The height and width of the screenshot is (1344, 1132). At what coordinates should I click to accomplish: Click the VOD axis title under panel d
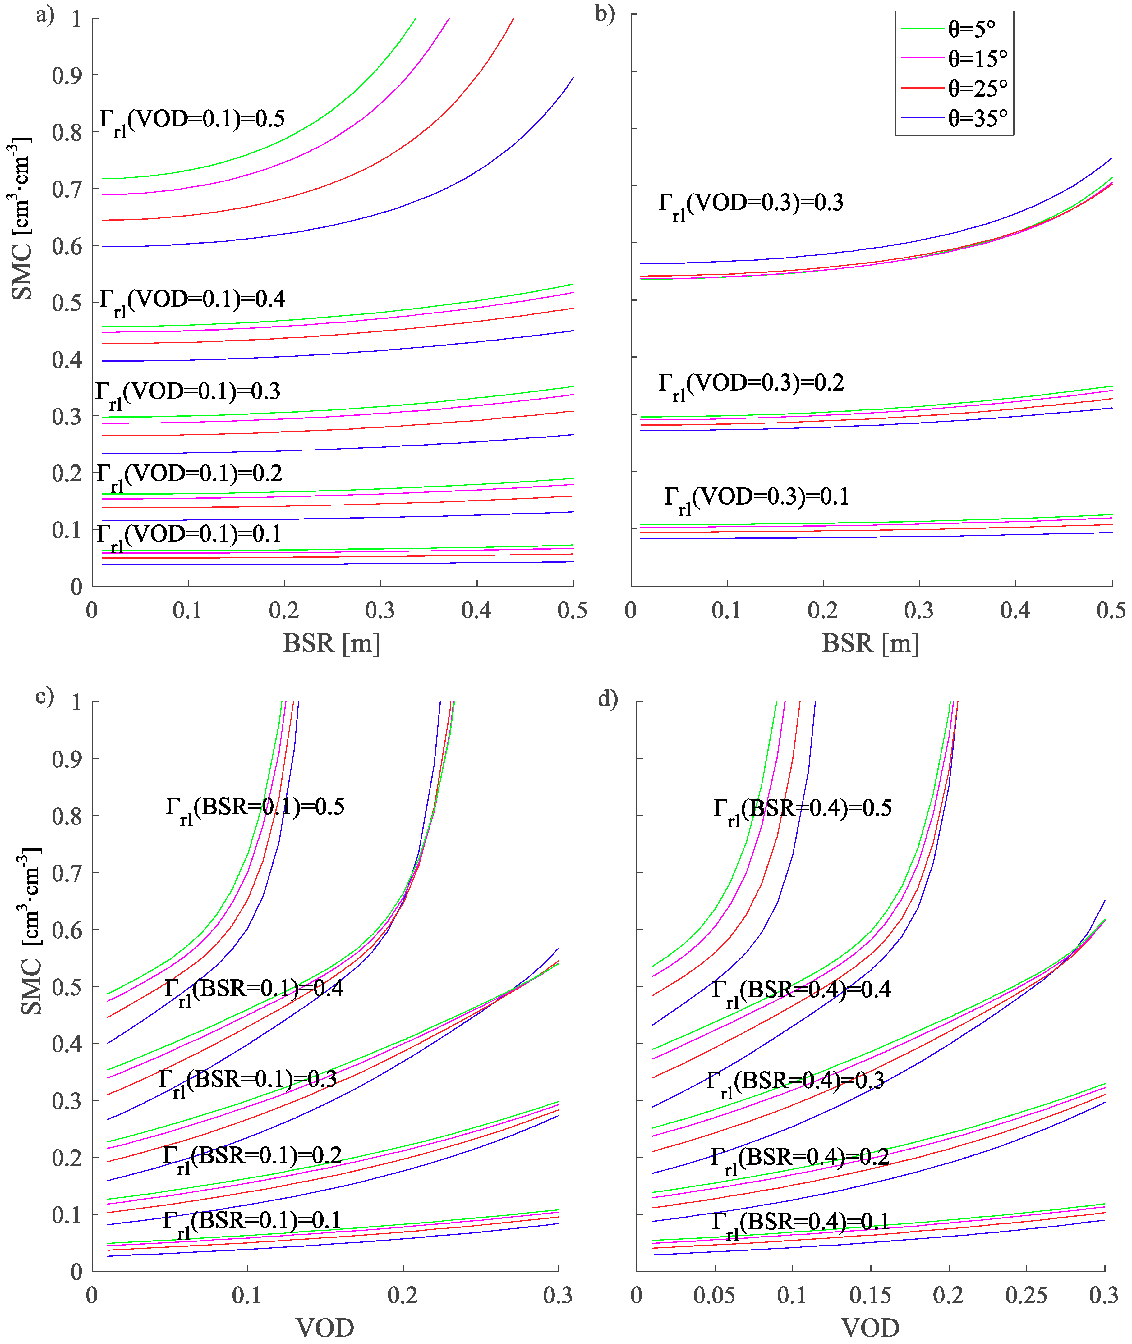(x=870, y=1328)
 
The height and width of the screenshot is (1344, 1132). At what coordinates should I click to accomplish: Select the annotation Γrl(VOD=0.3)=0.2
(x=751, y=385)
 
